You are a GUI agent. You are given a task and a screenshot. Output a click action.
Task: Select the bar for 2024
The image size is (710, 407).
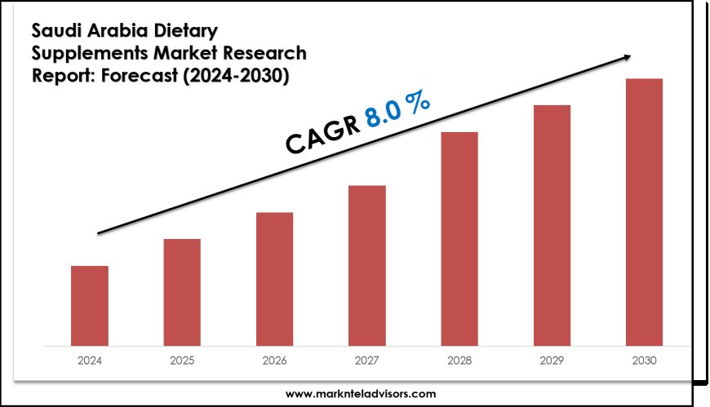(x=89, y=305)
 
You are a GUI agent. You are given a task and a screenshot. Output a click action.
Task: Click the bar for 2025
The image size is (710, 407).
(x=182, y=291)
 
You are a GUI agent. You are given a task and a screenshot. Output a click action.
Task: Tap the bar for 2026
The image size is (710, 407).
(x=274, y=278)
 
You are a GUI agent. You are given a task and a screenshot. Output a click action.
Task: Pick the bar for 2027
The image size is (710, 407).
(x=366, y=265)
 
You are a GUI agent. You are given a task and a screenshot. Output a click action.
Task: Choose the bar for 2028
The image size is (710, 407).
(x=459, y=238)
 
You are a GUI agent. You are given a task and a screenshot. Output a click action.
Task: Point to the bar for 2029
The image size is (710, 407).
(x=552, y=224)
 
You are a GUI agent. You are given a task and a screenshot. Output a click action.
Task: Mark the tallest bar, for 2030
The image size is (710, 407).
(x=644, y=211)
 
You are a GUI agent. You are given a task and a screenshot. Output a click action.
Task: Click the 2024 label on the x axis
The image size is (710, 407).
(x=89, y=359)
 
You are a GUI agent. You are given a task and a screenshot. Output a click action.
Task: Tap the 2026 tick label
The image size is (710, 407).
(x=274, y=359)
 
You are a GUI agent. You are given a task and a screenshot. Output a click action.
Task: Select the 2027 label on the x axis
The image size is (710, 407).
(x=366, y=359)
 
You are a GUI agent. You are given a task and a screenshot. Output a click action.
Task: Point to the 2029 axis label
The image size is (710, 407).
(x=552, y=359)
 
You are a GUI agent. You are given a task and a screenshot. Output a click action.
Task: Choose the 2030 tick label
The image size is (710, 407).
(x=644, y=359)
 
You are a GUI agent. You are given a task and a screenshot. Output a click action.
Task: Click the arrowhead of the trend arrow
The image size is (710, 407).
(x=628, y=56)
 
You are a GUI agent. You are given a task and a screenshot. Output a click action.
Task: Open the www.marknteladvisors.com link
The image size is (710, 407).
(x=360, y=393)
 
